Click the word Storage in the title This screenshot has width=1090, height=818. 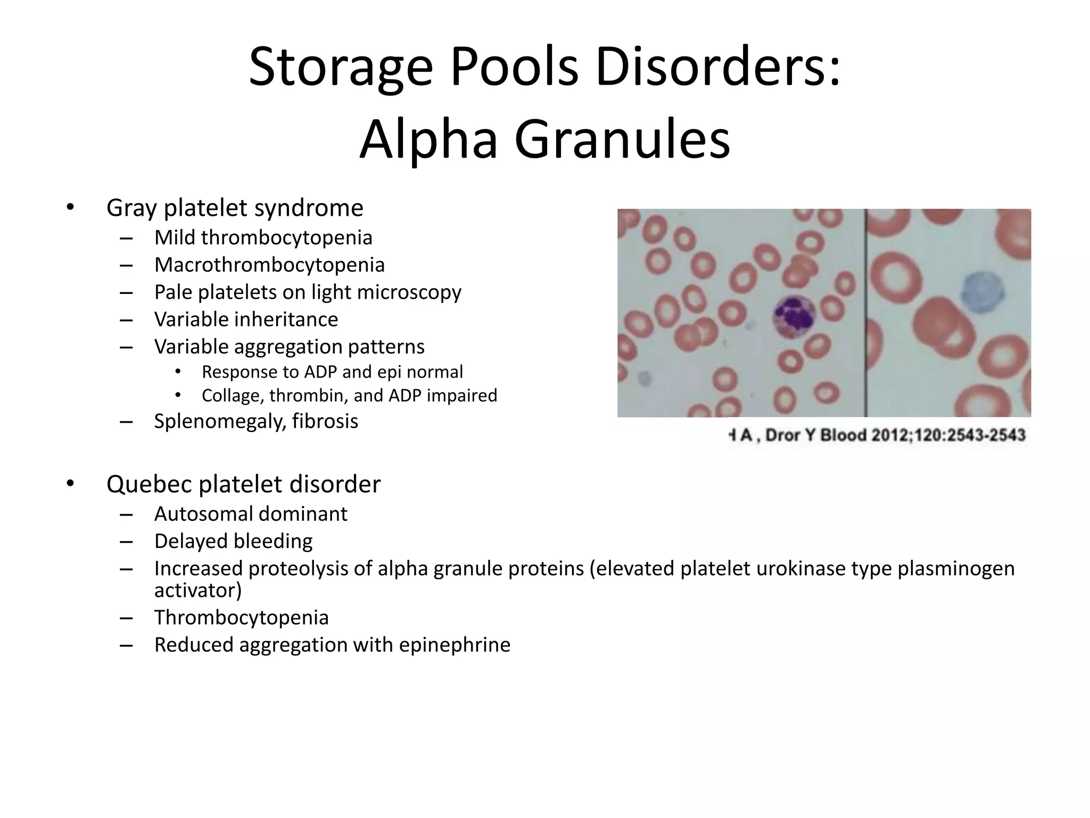click(341, 68)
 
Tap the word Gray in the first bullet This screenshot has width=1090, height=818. click(131, 208)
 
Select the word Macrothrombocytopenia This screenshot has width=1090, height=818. click(269, 265)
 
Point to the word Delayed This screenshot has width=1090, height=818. click(190, 541)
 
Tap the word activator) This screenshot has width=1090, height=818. click(197, 590)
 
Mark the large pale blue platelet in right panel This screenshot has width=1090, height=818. click(982, 294)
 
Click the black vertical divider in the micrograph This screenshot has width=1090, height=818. click(865, 313)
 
